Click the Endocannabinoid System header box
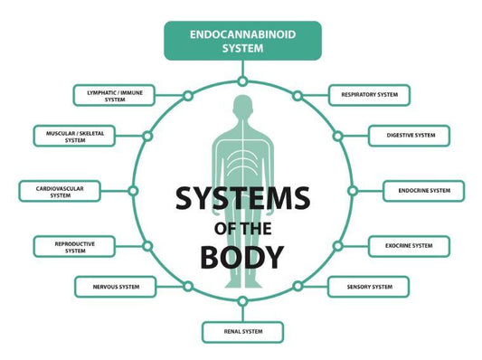pos(241,41)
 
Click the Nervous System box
pos(114,287)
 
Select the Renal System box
pos(242,331)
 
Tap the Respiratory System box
pos(370,95)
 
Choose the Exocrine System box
pos(409,245)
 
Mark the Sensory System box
pos(370,287)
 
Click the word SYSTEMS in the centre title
pos(241,197)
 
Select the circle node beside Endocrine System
pos(351,191)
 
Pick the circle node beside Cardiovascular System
pos(133,191)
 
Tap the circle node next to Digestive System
pos(336,136)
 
